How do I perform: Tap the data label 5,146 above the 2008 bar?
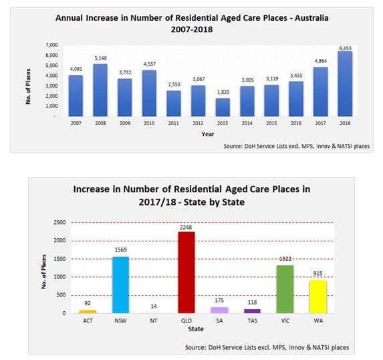tap(101, 57)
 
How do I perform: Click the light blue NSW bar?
tap(120, 285)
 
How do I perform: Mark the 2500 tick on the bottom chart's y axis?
tap(60, 222)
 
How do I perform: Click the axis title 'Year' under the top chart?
tap(208, 134)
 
